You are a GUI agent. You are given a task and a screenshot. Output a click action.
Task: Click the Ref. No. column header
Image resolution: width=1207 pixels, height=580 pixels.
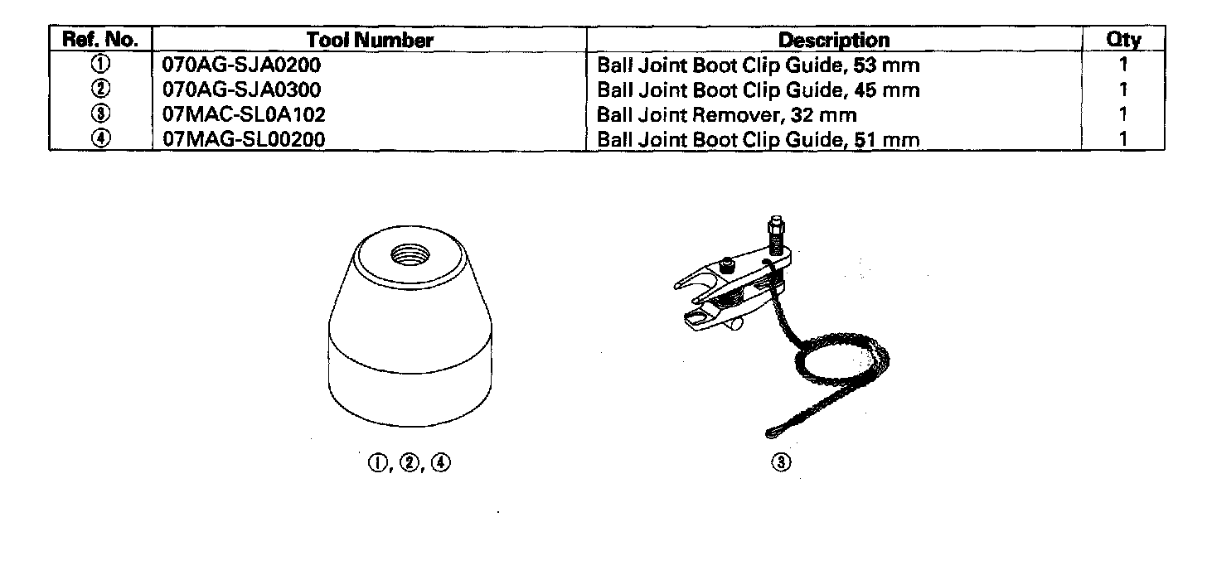pos(99,39)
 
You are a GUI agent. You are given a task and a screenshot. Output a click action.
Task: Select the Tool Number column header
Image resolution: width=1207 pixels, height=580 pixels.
pos(370,39)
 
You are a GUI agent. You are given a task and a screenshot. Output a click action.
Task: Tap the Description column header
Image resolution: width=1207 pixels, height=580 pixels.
pos(834,39)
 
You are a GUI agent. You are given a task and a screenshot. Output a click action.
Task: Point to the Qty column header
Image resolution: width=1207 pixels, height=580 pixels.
pos(1123,39)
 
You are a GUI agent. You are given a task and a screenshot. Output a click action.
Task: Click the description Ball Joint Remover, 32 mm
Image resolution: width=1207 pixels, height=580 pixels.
pos(727,114)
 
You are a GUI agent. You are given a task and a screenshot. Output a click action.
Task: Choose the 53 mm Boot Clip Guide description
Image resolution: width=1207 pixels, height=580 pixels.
pos(759,65)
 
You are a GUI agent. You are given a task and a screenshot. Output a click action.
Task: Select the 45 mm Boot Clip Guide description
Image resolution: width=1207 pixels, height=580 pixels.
pos(759,89)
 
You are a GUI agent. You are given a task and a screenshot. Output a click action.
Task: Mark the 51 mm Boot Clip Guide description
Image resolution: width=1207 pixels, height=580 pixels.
pos(759,139)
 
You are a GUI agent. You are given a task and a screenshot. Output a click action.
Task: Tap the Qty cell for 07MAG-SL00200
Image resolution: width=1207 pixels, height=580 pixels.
pos(1123,139)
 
